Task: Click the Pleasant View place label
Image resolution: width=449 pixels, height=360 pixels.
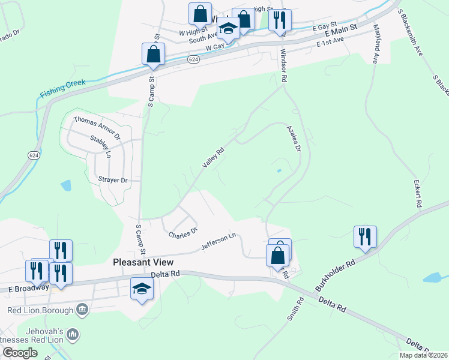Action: [143, 262]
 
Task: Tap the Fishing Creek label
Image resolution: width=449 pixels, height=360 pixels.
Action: [63, 88]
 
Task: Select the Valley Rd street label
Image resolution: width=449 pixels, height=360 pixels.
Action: [213, 158]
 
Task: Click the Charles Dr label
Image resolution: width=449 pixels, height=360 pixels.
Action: [183, 233]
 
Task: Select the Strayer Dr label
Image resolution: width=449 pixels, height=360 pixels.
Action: [112, 180]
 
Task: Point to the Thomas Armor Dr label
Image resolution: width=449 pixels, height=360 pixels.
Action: [97, 128]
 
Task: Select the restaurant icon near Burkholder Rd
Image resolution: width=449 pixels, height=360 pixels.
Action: [364, 236]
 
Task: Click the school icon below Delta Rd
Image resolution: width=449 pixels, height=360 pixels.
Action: [142, 290]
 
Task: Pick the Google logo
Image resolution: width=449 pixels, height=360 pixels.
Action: [20, 353]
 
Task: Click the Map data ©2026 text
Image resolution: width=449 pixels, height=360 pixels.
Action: [423, 355]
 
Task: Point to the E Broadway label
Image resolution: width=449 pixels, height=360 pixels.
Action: [28, 288]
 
